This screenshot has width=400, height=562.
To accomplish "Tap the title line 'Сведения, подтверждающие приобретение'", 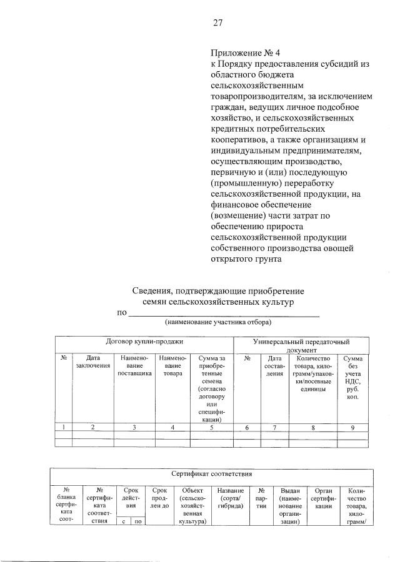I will click(217, 290).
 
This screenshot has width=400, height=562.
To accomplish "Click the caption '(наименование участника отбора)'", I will click(217, 322).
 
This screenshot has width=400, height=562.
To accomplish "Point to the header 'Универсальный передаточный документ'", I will click(301, 346).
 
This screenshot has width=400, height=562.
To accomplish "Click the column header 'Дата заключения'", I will click(93, 362).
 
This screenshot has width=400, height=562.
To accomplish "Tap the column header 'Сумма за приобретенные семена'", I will click(211, 387).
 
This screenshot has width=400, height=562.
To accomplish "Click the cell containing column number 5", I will click(211, 427).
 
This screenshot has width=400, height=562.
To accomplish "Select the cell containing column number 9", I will click(352, 427).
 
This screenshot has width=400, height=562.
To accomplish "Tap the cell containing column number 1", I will click(64, 427).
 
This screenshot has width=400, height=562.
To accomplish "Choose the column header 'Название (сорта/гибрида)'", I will click(231, 496).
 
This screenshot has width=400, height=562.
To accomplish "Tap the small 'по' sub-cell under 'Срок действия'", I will click(136, 522).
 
